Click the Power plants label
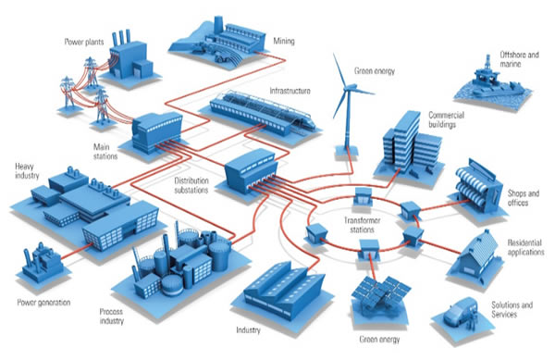pyautogui.click(x=84, y=43)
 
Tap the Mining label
pyautogui.click(x=284, y=41)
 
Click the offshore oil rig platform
pyautogui.click(x=490, y=81)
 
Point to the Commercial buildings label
pyautogui.click(x=446, y=119)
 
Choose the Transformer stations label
pyautogui.click(x=362, y=225)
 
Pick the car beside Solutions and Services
pyautogui.click(x=460, y=312)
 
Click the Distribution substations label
pyautogui.click(x=191, y=185)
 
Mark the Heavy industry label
pyautogui.click(x=27, y=171)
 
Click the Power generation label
pyautogui.click(x=43, y=303)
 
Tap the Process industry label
pyautogui.click(x=112, y=317)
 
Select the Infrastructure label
pyautogui.click(x=290, y=91)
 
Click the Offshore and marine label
pyautogui.click(x=519, y=59)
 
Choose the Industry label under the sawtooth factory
pyautogui.click(x=248, y=329)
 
